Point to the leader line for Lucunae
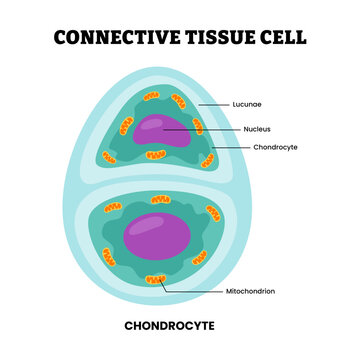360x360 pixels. pyautogui.click(x=216, y=103)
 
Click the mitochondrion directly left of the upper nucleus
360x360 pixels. pyautogui.click(x=127, y=128)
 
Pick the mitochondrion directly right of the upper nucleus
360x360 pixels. pyautogui.click(x=199, y=126)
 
